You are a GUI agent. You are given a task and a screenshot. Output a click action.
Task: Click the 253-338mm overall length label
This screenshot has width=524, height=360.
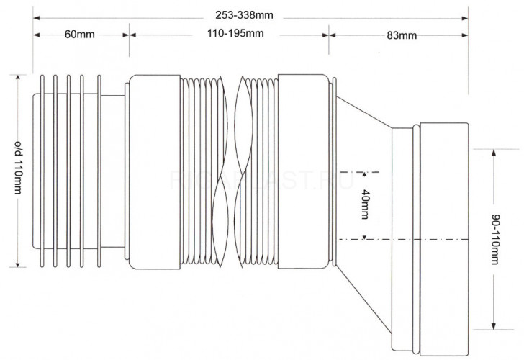click(244, 15)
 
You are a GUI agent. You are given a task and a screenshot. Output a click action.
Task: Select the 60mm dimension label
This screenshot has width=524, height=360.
click(79, 35)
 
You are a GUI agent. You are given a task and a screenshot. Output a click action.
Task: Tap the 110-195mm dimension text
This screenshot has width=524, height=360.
click(235, 33)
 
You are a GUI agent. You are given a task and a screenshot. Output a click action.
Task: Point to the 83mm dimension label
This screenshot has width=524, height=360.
click(402, 35)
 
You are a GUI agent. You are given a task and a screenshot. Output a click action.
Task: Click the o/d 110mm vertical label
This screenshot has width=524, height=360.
click(19, 168)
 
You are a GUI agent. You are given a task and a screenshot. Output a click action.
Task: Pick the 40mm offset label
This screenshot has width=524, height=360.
click(365, 204)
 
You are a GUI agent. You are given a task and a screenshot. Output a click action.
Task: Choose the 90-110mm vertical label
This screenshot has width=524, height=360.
click(496, 239)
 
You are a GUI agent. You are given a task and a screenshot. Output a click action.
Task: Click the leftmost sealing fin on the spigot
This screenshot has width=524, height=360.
click(42, 171)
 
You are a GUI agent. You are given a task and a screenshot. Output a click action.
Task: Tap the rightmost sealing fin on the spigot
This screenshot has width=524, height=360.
click(99, 171)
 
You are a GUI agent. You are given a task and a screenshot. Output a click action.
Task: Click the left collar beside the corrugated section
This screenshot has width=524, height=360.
click(154, 172)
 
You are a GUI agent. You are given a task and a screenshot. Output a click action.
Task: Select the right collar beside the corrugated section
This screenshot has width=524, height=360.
click(303, 171)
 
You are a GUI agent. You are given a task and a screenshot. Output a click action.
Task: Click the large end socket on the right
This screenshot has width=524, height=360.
click(444, 239)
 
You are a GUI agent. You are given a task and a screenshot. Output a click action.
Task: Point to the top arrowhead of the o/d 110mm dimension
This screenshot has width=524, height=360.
click(18, 78)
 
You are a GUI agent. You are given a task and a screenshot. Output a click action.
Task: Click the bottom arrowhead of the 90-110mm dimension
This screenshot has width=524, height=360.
click(494, 326)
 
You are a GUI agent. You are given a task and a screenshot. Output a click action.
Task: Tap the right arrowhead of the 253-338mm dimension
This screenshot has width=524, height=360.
click(465, 18)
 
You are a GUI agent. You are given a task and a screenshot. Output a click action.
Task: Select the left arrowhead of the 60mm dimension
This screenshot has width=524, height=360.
click(37, 35)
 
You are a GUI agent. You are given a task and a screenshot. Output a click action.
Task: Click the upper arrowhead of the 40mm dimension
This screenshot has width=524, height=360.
click(365, 174)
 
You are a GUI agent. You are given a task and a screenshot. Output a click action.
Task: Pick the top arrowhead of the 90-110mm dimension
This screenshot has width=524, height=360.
click(494, 153)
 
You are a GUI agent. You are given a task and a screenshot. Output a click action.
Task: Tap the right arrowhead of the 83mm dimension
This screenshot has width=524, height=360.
click(465, 35)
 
